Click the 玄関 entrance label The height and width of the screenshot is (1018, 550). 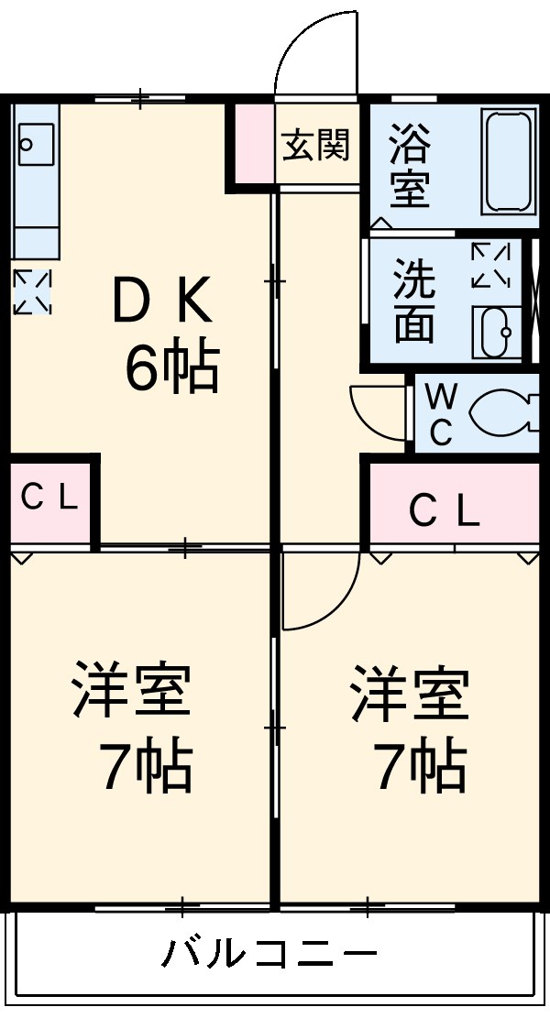pos(316,145)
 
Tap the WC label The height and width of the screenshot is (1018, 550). pos(441,415)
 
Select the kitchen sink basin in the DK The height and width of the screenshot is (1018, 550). pos(28,145)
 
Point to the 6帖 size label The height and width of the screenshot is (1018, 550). pos(171,368)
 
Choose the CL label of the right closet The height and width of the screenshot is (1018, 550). pos(444,512)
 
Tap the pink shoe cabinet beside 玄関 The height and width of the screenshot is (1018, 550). pos(250,143)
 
